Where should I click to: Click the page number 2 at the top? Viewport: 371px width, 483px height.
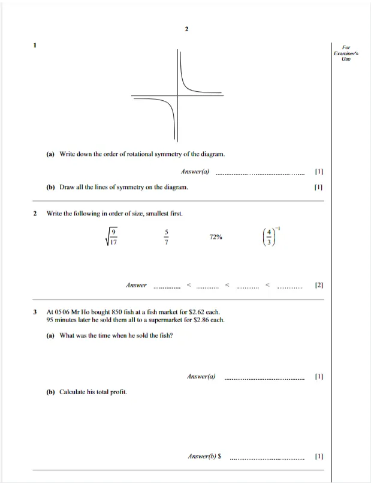point(186,29)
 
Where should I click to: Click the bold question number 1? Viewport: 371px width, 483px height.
point(35,45)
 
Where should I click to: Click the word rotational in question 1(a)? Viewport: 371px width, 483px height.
point(140,154)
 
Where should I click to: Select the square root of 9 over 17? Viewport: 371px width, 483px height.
point(111,236)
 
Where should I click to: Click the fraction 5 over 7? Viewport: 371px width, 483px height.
point(167,236)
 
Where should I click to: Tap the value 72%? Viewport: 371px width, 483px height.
point(216,237)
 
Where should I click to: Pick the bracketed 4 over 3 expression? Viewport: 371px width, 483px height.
point(271,236)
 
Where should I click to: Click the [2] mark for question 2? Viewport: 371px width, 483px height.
point(319,285)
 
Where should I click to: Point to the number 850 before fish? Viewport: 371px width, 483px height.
point(117,312)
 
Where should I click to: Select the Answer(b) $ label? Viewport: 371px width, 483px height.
point(204,456)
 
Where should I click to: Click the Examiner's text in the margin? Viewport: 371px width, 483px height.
point(346,53)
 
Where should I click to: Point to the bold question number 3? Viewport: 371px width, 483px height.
point(35,312)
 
